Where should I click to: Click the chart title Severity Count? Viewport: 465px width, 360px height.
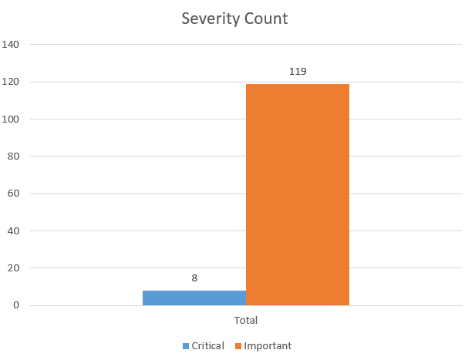tap(234, 19)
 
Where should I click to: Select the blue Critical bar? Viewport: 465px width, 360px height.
tap(194, 298)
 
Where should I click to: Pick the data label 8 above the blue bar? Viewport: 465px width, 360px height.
tap(194, 278)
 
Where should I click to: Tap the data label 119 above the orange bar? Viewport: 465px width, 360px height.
tap(298, 72)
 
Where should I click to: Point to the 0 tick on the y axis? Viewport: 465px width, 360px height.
tap(15, 305)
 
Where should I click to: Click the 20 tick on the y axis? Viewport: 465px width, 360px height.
tap(13, 268)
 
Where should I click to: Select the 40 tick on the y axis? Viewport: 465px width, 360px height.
tap(13, 230)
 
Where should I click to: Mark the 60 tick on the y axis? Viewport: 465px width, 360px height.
tap(13, 193)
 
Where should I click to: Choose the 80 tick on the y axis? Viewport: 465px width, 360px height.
tap(13, 156)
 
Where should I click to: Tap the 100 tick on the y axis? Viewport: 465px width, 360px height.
tap(11, 119)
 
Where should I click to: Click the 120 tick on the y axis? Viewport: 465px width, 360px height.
tap(11, 82)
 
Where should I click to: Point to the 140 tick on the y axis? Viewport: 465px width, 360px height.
tap(11, 45)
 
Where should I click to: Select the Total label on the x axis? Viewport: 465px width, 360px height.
tap(246, 319)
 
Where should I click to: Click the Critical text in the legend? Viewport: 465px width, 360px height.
tap(208, 345)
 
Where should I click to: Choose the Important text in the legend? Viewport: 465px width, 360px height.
tap(268, 345)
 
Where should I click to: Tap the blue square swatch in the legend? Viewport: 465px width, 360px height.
tap(186, 345)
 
